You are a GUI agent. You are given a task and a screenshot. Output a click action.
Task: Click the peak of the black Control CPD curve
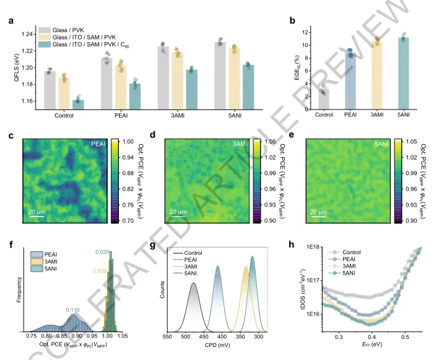[x=194, y=283]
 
